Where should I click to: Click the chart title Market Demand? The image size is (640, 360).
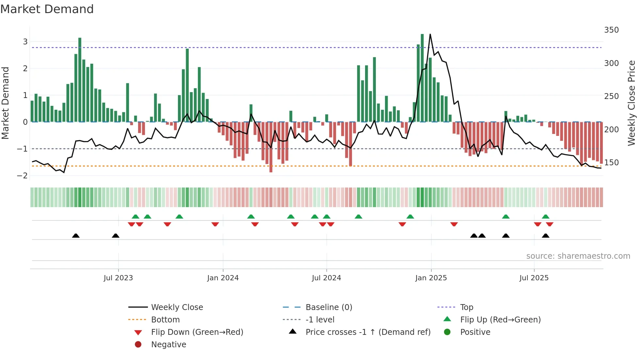pos(47,9)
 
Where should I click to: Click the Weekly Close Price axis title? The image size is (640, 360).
pos(632,103)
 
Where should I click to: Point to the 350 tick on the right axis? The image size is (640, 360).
pos(611,30)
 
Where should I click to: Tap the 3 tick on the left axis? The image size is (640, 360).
pos(25,42)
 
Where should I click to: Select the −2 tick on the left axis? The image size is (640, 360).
pos(23,176)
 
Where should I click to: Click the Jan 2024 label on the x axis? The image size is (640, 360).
pos(223,278)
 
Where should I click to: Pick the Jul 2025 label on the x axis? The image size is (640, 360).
pos(534,278)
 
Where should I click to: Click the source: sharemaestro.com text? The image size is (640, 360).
pos(578,256)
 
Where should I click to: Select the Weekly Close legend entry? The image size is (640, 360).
pos(177,307)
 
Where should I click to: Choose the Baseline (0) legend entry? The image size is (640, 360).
pos(328,307)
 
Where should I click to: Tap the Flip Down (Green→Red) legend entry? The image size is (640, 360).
pos(197,332)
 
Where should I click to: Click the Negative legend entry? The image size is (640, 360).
pos(168,345)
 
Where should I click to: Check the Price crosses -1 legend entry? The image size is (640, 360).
pos(368,332)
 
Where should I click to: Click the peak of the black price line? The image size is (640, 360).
pos(430,34)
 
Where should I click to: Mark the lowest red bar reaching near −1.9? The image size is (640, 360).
pos(271,147)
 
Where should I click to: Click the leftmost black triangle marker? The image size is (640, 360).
pos(76,236)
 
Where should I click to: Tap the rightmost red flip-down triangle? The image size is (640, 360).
pos(550,224)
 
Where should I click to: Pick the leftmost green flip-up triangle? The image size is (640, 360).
pos(136,217)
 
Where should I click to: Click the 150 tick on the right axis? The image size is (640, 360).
pos(611,163)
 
